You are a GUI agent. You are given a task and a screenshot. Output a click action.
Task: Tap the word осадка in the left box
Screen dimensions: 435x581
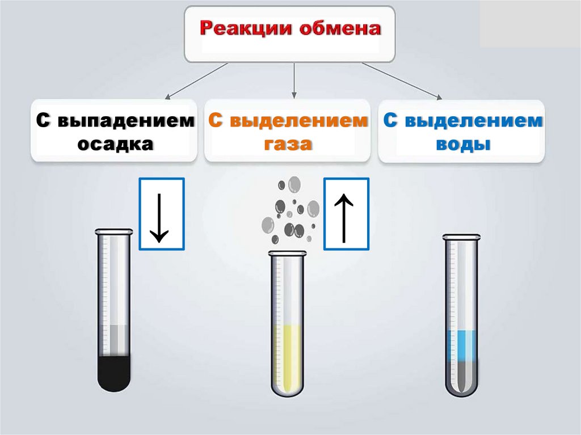pos(115,143)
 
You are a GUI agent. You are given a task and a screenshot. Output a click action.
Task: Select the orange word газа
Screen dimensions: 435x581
pos(288,143)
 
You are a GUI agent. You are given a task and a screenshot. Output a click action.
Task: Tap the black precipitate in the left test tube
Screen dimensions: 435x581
pos(113,371)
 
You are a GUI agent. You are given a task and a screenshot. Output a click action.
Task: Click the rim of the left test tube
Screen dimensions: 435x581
pos(113,231)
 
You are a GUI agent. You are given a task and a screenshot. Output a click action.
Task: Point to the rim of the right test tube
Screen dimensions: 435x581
pos(461,236)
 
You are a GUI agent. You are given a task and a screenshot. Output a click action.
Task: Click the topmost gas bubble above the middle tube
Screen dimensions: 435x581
pos(294,184)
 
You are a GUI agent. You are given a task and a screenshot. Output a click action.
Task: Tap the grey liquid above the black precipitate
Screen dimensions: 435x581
pos(113,340)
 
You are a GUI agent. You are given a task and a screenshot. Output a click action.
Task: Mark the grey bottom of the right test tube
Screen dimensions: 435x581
pos(461,377)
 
